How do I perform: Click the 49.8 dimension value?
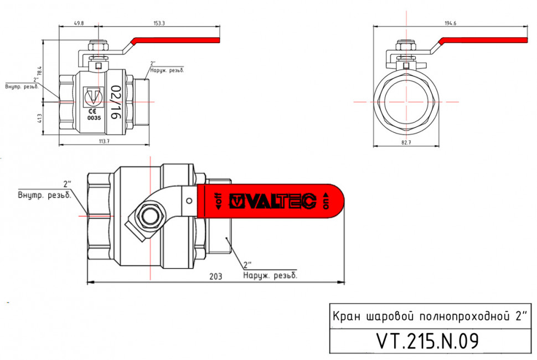pos(79,23)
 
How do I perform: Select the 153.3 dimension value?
pos(159,23)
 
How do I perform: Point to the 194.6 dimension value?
pos(450,23)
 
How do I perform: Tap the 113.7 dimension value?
pos(104,141)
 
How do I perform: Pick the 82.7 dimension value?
pos(406,142)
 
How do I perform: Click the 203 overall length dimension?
pos(216,276)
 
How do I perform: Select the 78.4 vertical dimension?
pos(40,71)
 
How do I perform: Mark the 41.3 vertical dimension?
pos(40,118)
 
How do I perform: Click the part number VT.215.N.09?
pos(427,341)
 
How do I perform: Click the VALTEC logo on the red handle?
pos(273,201)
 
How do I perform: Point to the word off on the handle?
pos(218,201)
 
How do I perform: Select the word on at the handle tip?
pos(326,202)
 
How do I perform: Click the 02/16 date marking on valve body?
pos(116,102)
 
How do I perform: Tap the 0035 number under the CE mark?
pos(94,118)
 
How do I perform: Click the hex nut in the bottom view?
pos(149,216)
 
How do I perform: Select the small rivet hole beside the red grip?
pos(189,201)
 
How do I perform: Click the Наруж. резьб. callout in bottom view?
pos(270,275)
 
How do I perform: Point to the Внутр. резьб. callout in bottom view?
pos(44,196)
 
